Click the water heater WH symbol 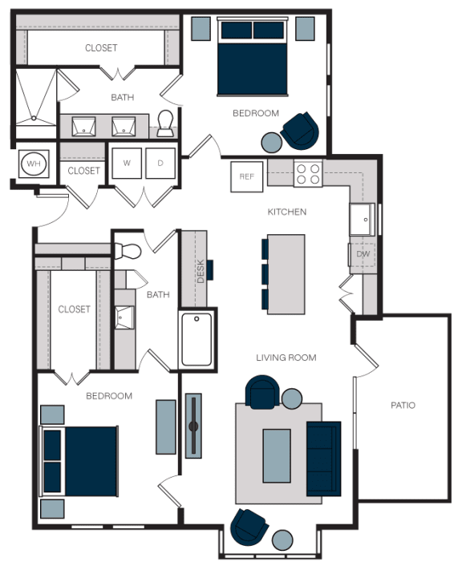[x=34, y=164]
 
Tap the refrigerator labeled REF [x=247, y=176]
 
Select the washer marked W [x=127, y=163]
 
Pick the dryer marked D [x=160, y=163]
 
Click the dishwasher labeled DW [x=363, y=254]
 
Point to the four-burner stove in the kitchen [x=308, y=174]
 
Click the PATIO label [x=403, y=406]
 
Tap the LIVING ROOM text [x=286, y=358]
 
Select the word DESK [x=201, y=271]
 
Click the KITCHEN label [x=287, y=212]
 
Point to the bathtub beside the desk [x=197, y=339]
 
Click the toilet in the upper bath [x=165, y=123]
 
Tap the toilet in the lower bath [x=128, y=251]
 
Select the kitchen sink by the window [x=363, y=220]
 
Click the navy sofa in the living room [x=323, y=459]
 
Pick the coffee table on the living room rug [x=277, y=455]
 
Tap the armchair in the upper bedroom [x=300, y=131]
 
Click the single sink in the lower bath [x=124, y=317]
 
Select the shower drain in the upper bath [x=34, y=118]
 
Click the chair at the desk [x=210, y=270]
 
